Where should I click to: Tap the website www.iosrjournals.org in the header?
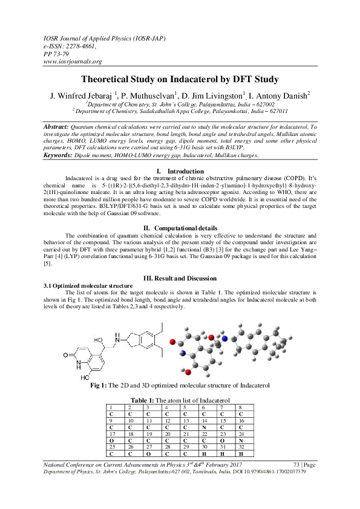click(73, 61)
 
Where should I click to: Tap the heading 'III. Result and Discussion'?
click(180, 277)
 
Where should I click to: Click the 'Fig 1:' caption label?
click(100, 384)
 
